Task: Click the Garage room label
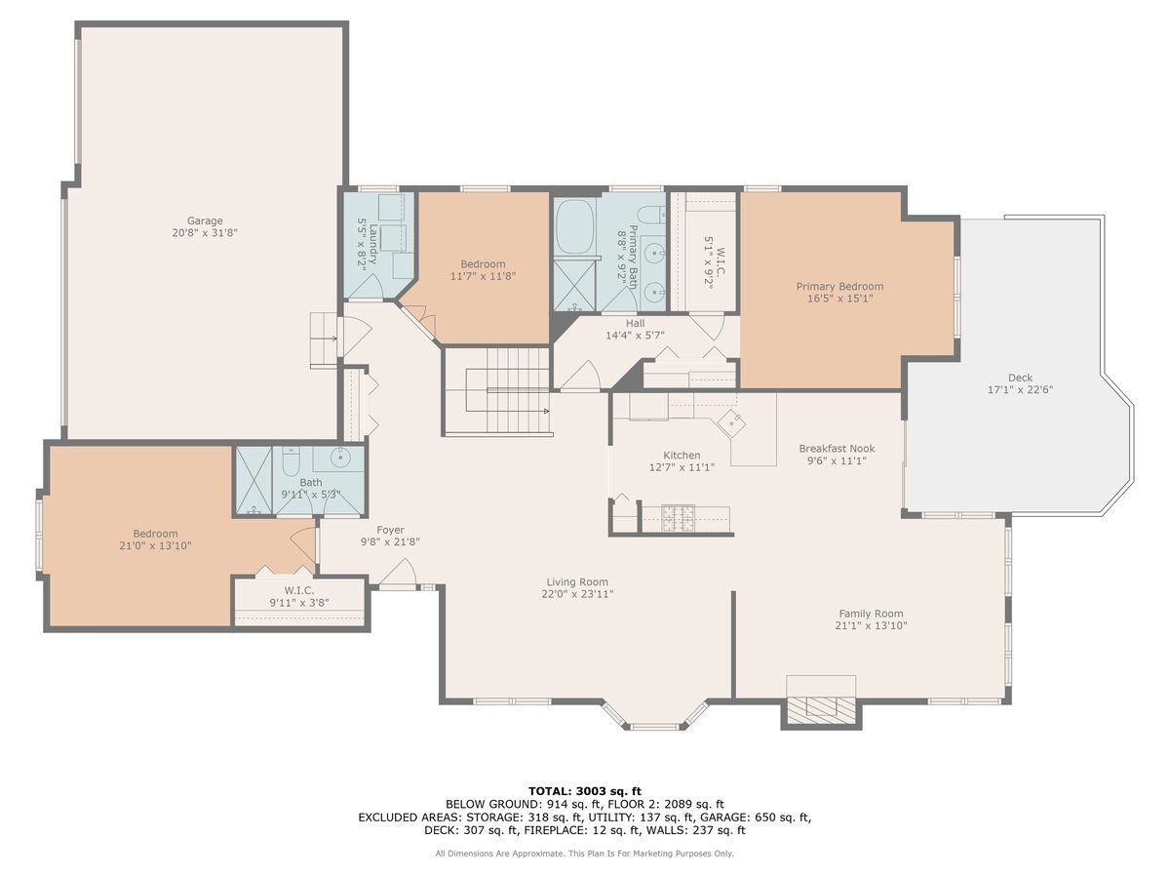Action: click(x=205, y=220)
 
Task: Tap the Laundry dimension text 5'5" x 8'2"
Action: click(x=363, y=245)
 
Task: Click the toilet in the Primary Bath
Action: click(x=652, y=215)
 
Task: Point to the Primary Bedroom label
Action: click(x=839, y=286)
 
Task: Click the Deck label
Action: click(x=1020, y=378)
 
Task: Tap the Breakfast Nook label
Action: click(x=837, y=449)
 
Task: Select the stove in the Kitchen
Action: click(x=678, y=518)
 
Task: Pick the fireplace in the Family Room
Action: click(x=821, y=710)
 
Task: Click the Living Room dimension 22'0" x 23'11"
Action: click(x=577, y=594)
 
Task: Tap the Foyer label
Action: click(x=390, y=530)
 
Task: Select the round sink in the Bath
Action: click(x=338, y=457)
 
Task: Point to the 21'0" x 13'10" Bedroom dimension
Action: click(x=155, y=545)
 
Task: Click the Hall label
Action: click(x=635, y=323)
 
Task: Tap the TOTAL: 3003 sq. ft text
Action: click(x=585, y=791)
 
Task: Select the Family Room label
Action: click(x=871, y=614)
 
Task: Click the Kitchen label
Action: click(x=682, y=456)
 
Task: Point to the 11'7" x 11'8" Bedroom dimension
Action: click(x=483, y=276)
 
